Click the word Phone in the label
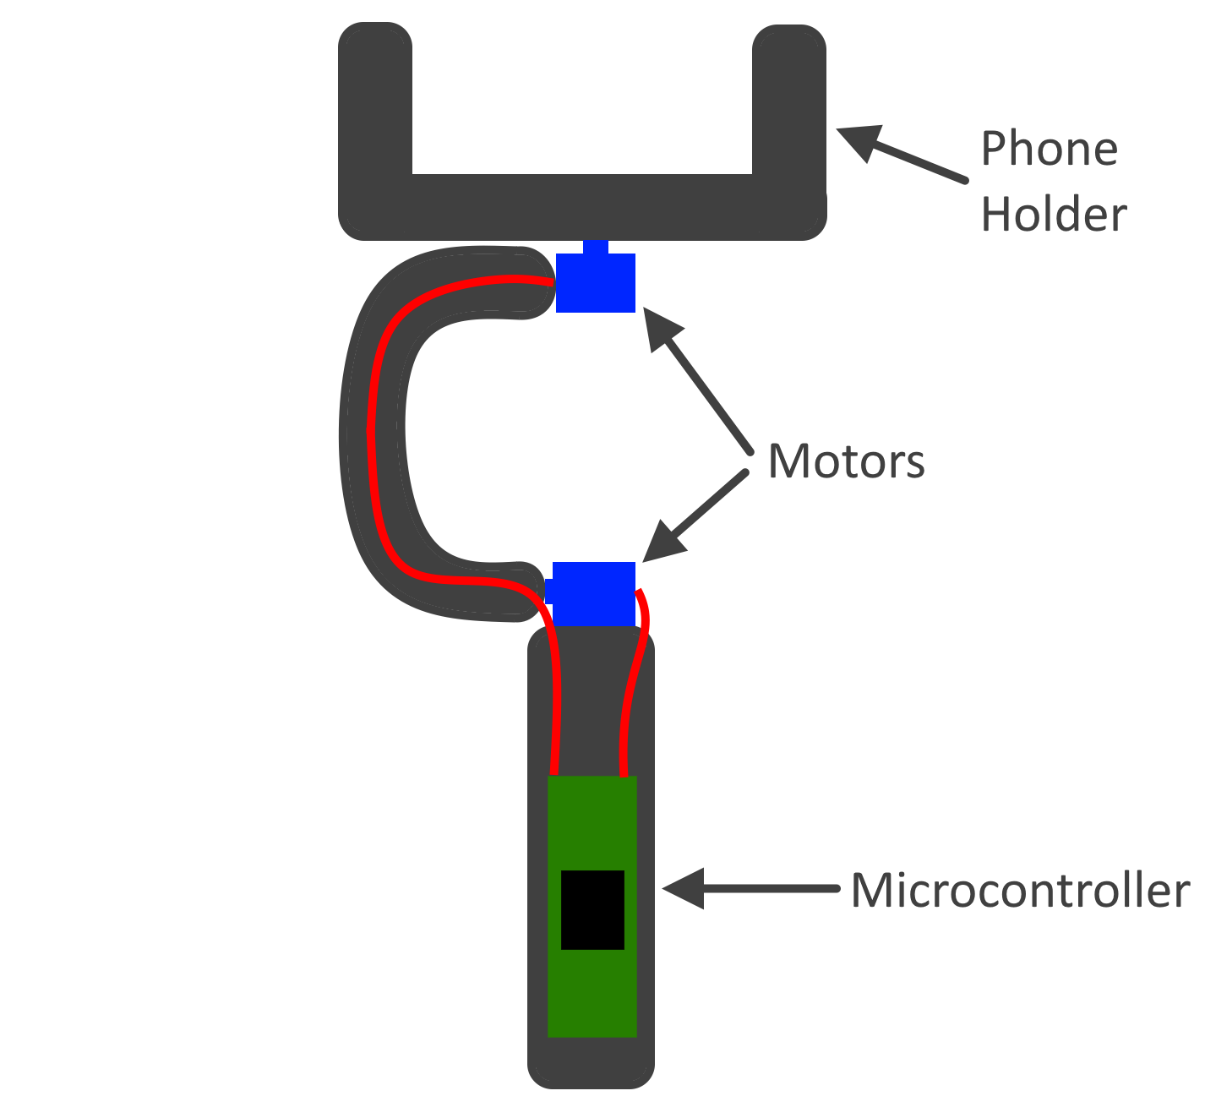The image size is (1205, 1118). [x=1049, y=150]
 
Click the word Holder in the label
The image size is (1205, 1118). [x=1053, y=215]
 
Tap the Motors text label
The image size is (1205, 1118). [x=846, y=462]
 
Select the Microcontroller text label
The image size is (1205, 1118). [x=1020, y=891]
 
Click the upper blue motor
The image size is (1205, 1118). [x=596, y=284]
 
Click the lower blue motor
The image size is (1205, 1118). [x=594, y=593]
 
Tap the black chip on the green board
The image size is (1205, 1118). [x=592, y=909]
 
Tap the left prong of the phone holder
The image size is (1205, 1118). [x=375, y=101]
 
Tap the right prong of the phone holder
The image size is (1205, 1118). [x=788, y=101]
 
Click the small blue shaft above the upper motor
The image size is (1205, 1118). [x=596, y=247]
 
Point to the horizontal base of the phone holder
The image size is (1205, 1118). [x=582, y=206]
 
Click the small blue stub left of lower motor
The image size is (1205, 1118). [x=548, y=591]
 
